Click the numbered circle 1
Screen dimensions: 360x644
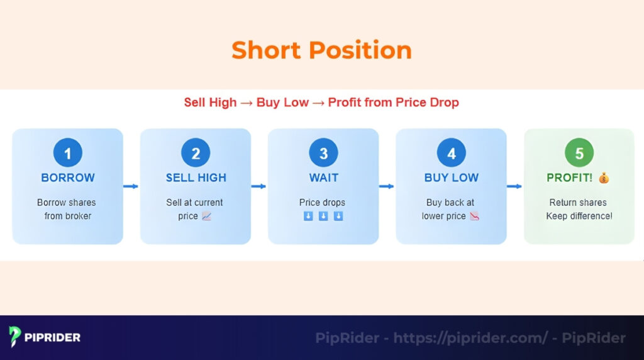pyautogui.click(x=68, y=153)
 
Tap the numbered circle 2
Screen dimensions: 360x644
pyautogui.click(x=196, y=153)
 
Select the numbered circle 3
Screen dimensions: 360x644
pyautogui.click(x=323, y=153)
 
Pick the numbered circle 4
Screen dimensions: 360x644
pyautogui.click(x=451, y=153)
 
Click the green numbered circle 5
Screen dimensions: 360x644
pyautogui.click(x=579, y=153)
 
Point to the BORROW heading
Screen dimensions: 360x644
pyautogui.click(x=68, y=177)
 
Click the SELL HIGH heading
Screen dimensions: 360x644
pyautogui.click(x=196, y=177)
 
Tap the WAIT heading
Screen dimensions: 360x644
pyautogui.click(x=323, y=177)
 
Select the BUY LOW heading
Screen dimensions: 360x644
pyautogui.click(x=451, y=177)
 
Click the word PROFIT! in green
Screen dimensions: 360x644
pyautogui.click(x=569, y=177)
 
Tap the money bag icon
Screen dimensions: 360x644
pyautogui.click(x=604, y=177)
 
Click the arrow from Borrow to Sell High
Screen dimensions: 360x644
pyautogui.click(x=131, y=186)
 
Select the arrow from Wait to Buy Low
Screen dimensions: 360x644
pyautogui.click(x=387, y=186)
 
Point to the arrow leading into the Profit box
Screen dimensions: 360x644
pyautogui.click(x=515, y=186)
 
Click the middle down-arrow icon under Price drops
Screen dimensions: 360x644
pyautogui.click(x=323, y=217)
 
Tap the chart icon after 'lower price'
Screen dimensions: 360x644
pyautogui.click(x=475, y=217)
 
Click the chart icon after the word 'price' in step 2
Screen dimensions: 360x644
pyautogui.click(x=206, y=217)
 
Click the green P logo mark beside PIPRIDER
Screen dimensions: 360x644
pyautogui.click(x=15, y=337)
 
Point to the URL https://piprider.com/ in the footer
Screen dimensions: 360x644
pyautogui.click(x=470, y=338)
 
